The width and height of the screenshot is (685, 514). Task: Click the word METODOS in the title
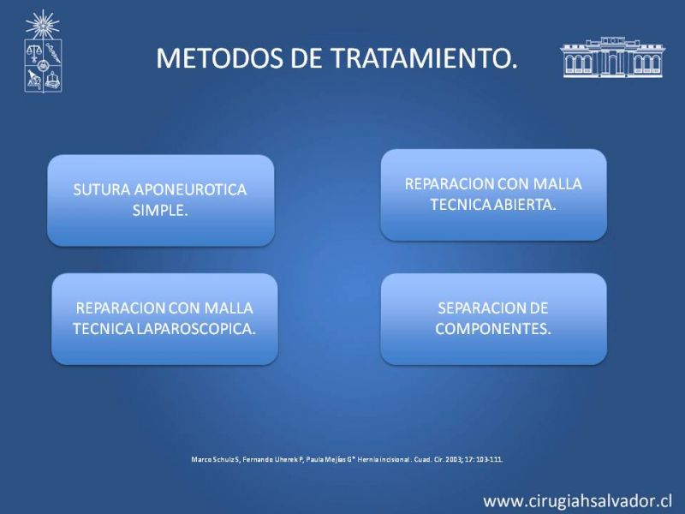click(220, 58)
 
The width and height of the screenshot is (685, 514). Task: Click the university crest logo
click(43, 51)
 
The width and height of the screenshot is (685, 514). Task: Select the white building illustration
click(612, 57)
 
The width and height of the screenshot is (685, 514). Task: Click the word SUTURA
click(102, 189)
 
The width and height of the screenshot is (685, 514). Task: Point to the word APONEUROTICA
click(190, 189)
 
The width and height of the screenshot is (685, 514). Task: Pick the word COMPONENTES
click(493, 329)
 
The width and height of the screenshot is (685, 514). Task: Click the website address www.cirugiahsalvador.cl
click(577, 501)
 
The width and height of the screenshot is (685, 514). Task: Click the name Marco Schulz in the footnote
click(212, 459)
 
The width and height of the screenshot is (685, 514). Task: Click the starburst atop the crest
click(43, 25)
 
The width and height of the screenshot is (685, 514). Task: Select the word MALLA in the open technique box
click(558, 184)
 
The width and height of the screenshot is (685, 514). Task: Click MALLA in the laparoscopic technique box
click(229, 308)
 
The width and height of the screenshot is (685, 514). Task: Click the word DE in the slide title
click(307, 58)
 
